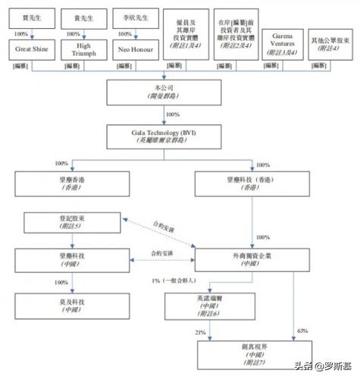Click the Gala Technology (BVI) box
tap(164, 135)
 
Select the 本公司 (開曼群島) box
tap(164, 92)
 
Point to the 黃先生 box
tap(85, 14)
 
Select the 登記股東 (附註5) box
tap(72, 224)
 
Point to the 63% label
tap(302, 330)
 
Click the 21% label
tap(201, 330)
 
